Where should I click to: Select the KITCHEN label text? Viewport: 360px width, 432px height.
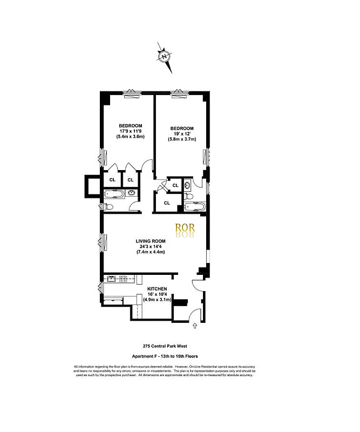pos(157,289)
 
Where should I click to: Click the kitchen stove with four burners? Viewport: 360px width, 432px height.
pos(123,279)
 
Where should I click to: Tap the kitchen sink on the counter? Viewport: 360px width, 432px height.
pos(111,279)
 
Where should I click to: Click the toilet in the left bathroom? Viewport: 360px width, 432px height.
pos(108,206)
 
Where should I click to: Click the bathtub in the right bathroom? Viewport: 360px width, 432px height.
pos(194,206)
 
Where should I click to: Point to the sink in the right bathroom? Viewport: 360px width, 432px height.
pos(187,185)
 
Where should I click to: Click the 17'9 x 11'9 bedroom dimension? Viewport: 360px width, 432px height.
pos(131,131)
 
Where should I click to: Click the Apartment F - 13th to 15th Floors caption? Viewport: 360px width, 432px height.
pos(164,356)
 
